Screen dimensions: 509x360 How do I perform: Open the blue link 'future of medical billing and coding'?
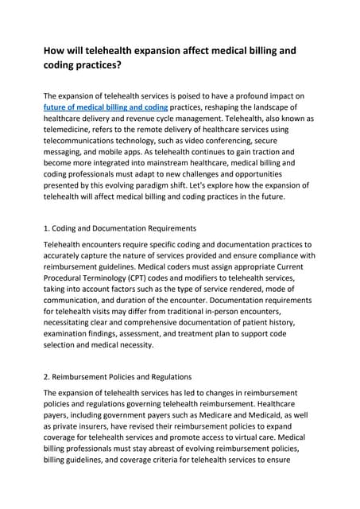pos(106,107)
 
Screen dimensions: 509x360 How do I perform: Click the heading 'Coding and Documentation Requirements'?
pos(127,229)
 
